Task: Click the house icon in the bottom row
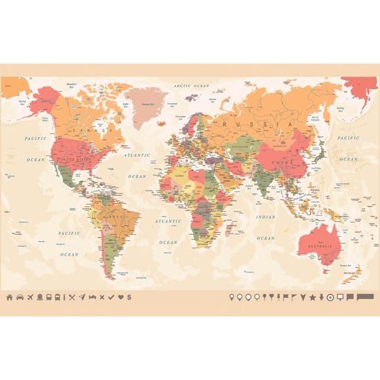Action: click(10, 297)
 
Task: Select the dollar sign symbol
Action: click(129, 297)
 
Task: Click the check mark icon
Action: click(111, 297)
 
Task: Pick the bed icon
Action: click(92, 297)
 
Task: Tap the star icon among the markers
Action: click(312, 297)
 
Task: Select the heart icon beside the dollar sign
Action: click(120, 297)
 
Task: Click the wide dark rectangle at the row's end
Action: click(366, 297)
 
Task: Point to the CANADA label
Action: click(97, 129)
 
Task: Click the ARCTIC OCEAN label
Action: click(191, 86)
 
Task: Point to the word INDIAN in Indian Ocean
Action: click(265, 217)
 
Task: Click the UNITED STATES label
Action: click(77, 160)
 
